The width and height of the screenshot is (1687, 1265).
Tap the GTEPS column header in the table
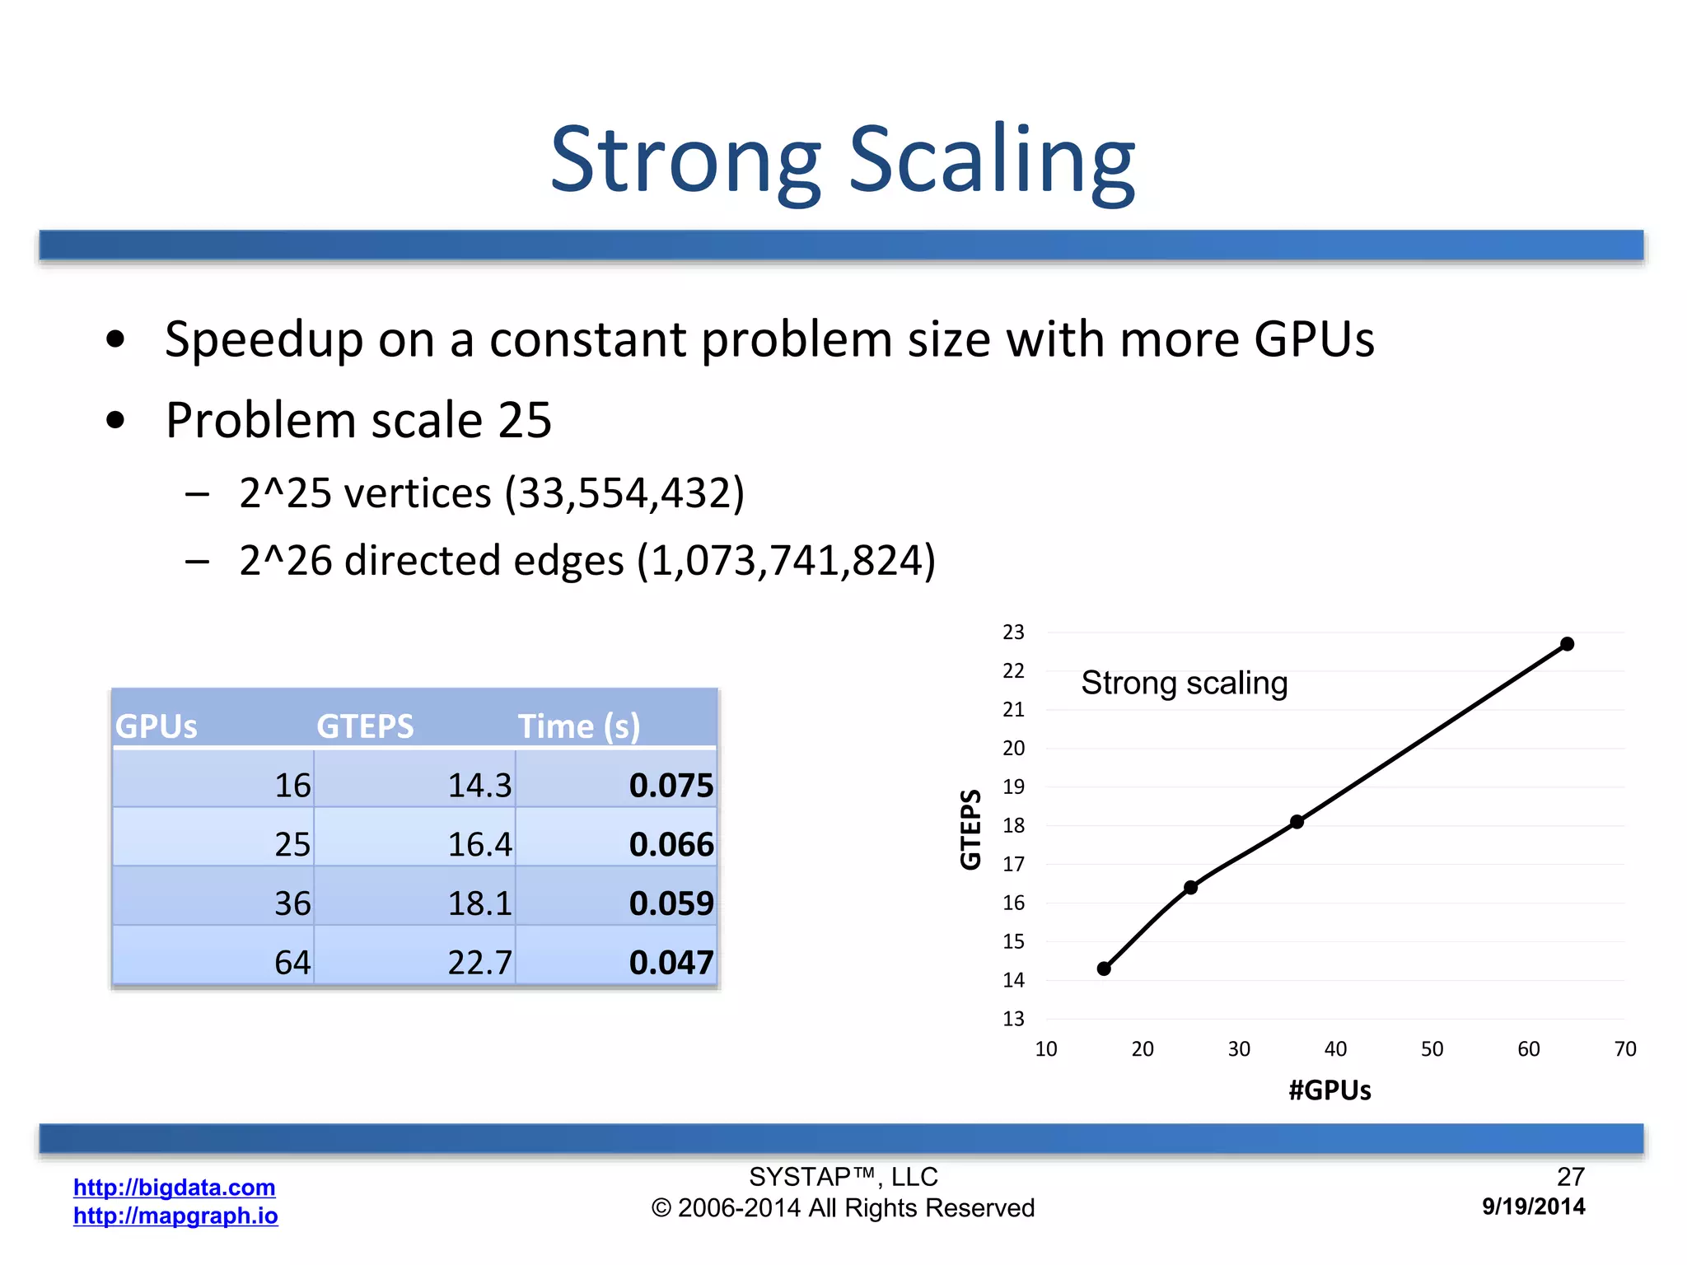click(365, 726)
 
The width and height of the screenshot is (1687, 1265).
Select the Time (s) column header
click(578, 726)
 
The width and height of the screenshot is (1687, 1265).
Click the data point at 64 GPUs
click(1567, 644)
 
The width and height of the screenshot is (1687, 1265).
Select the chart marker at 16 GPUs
click(1104, 969)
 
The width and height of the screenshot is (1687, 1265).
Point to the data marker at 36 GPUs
click(1297, 821)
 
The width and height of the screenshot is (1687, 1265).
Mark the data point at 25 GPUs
click(1190, 887)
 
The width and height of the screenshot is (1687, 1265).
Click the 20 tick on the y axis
click(1013, 748)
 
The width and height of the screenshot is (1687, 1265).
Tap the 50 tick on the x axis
click(1432, 1048)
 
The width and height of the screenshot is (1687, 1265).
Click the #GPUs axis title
click(1330, 1090)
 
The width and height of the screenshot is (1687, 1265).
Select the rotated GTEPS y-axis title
click(971, 829)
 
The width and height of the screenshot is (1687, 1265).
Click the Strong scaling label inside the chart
click(1184, 683)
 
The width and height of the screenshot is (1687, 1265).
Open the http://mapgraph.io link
click(175, 1216)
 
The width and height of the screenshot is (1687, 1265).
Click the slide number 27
click(1570, 1176)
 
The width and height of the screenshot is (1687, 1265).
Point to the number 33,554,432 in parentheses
click(624, 493)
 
